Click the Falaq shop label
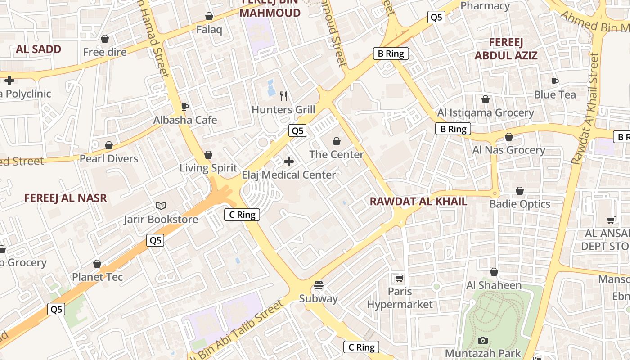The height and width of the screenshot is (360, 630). coord(209,30)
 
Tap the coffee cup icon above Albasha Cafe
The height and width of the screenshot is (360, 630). coord(184,107)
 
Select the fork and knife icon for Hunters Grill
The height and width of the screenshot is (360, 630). coord(283,96)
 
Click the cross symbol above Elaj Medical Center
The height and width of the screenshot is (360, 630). coord(289,162)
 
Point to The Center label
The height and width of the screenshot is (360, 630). coord(337,155)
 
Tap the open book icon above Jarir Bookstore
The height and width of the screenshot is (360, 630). coord(161,206)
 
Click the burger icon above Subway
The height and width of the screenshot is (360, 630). coord(319,285)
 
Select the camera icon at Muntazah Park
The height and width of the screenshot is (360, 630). coord(483,340)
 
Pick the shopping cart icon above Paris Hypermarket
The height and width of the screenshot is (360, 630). coord(399,279)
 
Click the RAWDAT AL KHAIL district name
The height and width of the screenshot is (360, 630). coord(418,202)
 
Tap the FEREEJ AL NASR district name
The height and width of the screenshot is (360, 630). coord(66,198)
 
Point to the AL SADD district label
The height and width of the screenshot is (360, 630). coord(39,49)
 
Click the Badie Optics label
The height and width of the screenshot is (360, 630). coord(520,204)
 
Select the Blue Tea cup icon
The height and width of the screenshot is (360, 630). coord(555,81)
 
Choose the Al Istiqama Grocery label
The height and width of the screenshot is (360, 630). coord(486,113)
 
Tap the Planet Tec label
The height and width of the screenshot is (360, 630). coord(97,277)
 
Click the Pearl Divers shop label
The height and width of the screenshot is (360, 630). coord(109,159)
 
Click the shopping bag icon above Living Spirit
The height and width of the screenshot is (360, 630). coord(208,155)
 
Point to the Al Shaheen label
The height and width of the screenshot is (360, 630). coord(494,285)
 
